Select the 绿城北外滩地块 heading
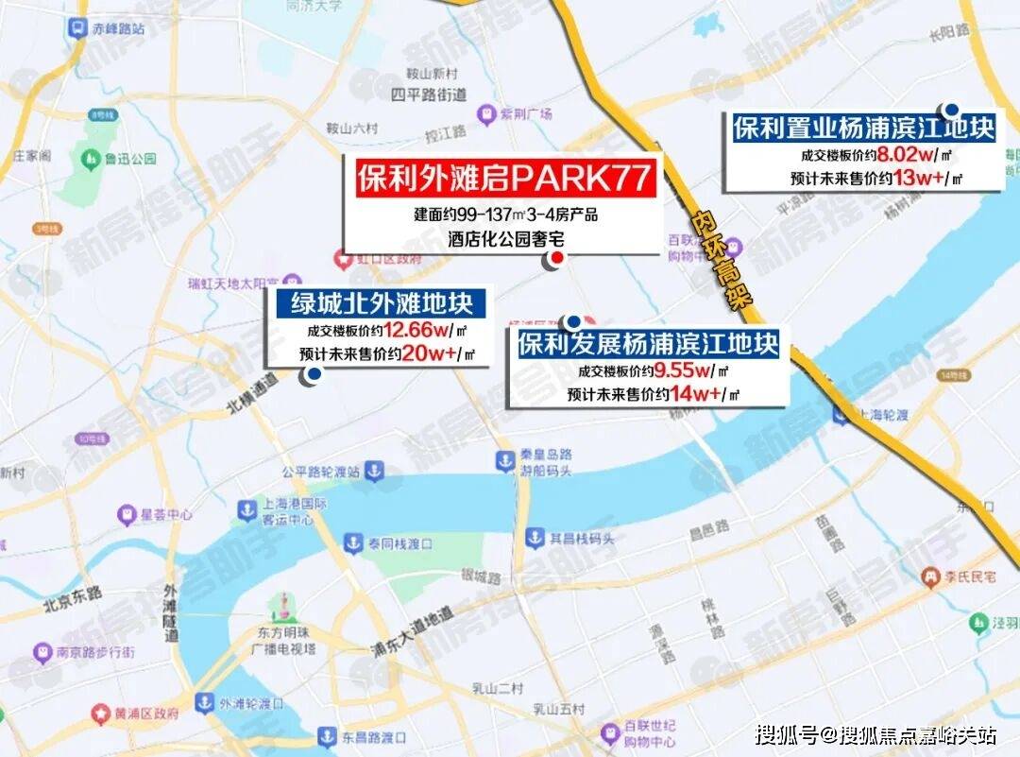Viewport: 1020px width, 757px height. point(382,304)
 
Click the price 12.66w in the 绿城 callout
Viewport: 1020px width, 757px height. point(416,331)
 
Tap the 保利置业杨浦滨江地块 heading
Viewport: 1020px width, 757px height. point(864,128)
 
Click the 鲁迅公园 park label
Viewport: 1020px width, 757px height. point(130,159)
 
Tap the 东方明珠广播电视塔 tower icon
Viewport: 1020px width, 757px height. point(280,606)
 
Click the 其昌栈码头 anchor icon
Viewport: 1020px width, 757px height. point(534,538)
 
